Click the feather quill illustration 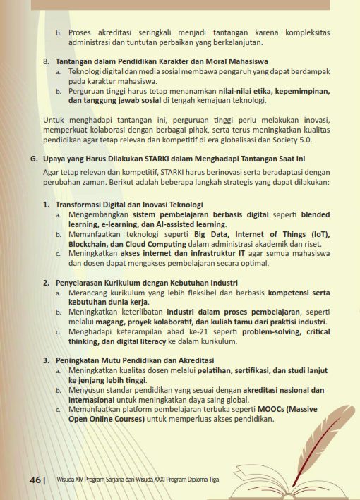(x=325, y=416)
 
